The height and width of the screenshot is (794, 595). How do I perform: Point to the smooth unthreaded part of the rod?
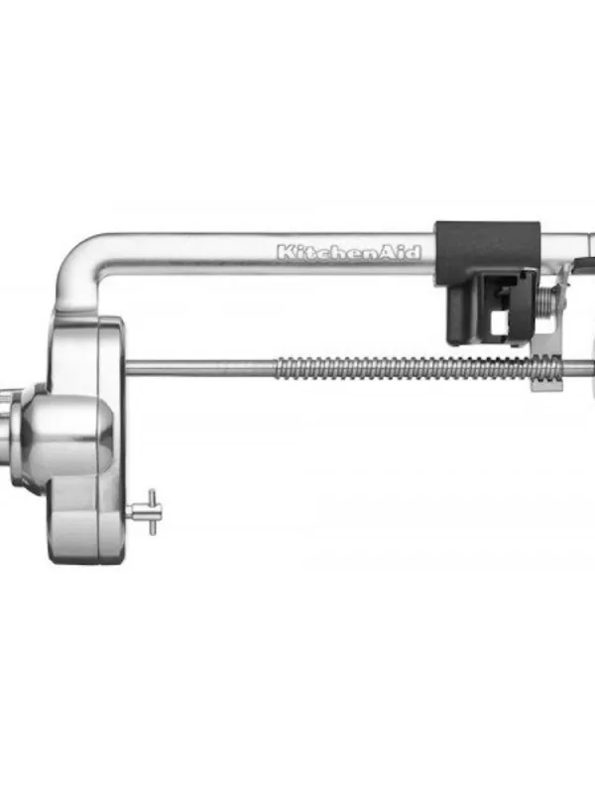(x=198, y=366)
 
